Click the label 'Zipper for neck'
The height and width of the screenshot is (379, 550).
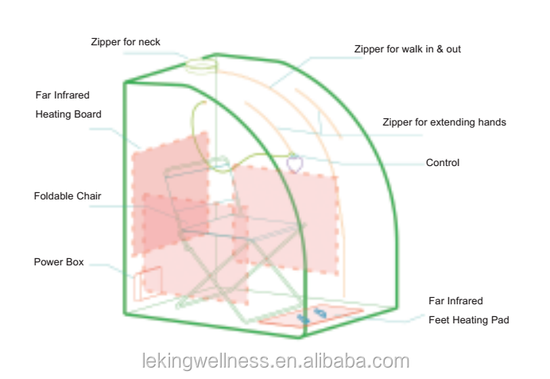pos(126,42)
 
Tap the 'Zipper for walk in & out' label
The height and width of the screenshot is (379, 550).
pos(407,49)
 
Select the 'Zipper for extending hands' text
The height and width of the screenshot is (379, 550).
pos(444,122)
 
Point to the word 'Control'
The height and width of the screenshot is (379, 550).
pos(443,163)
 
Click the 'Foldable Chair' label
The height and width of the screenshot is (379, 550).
pos(68,196)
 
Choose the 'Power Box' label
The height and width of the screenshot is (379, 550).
pos(59,262)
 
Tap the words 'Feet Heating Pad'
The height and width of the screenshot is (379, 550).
pos(469,320)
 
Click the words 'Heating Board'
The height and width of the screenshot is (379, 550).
pos(68,114)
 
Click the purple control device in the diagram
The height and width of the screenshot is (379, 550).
pos(295,164)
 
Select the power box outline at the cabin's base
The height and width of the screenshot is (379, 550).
pos(148,283)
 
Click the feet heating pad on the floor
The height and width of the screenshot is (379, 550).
pos(312,315)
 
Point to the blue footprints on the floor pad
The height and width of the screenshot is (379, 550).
pos(312,315)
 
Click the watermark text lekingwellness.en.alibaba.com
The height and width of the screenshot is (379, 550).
pos(276,361)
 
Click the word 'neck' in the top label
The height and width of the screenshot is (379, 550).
pos(149,42)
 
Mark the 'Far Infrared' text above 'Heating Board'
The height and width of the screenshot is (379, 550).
pos(63,95)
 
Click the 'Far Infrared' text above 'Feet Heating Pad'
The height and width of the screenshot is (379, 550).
pos(455,301)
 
